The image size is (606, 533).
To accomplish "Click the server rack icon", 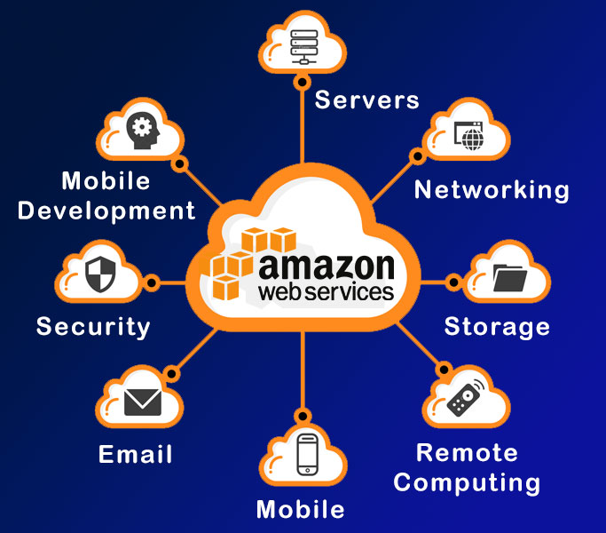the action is click(x=304, y=47).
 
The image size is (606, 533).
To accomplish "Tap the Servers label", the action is click(x=366, y=99).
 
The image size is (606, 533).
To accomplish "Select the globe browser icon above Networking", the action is click(x=468, y=136).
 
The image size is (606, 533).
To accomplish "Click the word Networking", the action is click(x=492, y=190).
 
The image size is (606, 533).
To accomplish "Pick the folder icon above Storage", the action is click(x=510, y=277).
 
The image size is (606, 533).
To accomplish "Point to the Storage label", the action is click(x=497, y=327).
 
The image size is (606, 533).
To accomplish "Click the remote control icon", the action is click(x=466, y=398).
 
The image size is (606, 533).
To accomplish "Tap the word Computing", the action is click(x=467, y=483).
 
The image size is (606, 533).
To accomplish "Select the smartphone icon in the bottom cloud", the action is click(x=308, y=455).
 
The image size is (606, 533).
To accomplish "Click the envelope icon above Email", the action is click(x=143, y=402).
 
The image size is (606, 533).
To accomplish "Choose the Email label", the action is click(x=135, y=454).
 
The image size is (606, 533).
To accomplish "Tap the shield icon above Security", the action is click(x=100, y=274).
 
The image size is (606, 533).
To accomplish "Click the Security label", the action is click(x=93, y=327).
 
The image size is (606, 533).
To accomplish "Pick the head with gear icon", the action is click(x=143, y=131).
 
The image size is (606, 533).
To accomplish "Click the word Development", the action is click(x=106, y=211).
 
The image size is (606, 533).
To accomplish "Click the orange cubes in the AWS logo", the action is click(x=248, y=262).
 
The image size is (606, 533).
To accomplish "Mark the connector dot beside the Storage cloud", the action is click(x=453, y=282).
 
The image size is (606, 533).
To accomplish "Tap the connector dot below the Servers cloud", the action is click(x=303, y=83).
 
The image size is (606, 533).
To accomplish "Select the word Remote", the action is click(x=467, y=453).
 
